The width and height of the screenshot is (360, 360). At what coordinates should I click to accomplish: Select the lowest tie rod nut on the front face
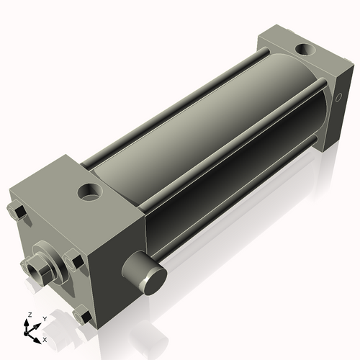coord(82,315)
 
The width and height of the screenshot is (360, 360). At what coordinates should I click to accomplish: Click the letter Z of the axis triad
coord(29,315)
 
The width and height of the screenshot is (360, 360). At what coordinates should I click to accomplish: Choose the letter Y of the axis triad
coord(45,318)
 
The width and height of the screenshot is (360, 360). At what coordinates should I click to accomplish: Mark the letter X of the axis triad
coord(45,338)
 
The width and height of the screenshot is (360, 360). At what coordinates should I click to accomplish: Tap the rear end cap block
coord(302,79)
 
